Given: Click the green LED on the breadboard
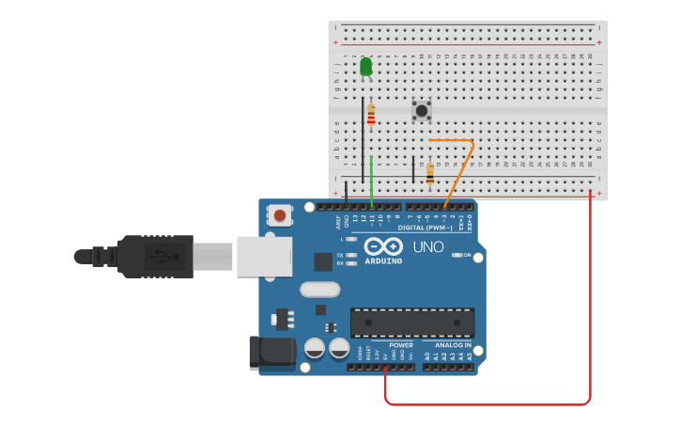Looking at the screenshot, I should (x=365, y=67).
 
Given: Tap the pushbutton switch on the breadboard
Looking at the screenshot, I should (x=422, y=111).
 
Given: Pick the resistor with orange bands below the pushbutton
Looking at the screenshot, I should (x=430, y=174).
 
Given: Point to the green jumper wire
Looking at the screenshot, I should (x=372, y=179).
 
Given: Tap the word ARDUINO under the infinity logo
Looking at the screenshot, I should (x=383, y=260).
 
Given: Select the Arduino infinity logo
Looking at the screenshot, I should (x=383, y=246).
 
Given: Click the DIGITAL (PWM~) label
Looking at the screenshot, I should (x=425, y=228).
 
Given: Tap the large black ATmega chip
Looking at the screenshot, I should (x=411, y=323).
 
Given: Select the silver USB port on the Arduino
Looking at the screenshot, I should (x=263, y=256).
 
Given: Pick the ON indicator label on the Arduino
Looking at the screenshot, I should (x=467, y=255).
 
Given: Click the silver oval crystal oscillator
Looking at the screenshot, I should (x=319, y=290).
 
